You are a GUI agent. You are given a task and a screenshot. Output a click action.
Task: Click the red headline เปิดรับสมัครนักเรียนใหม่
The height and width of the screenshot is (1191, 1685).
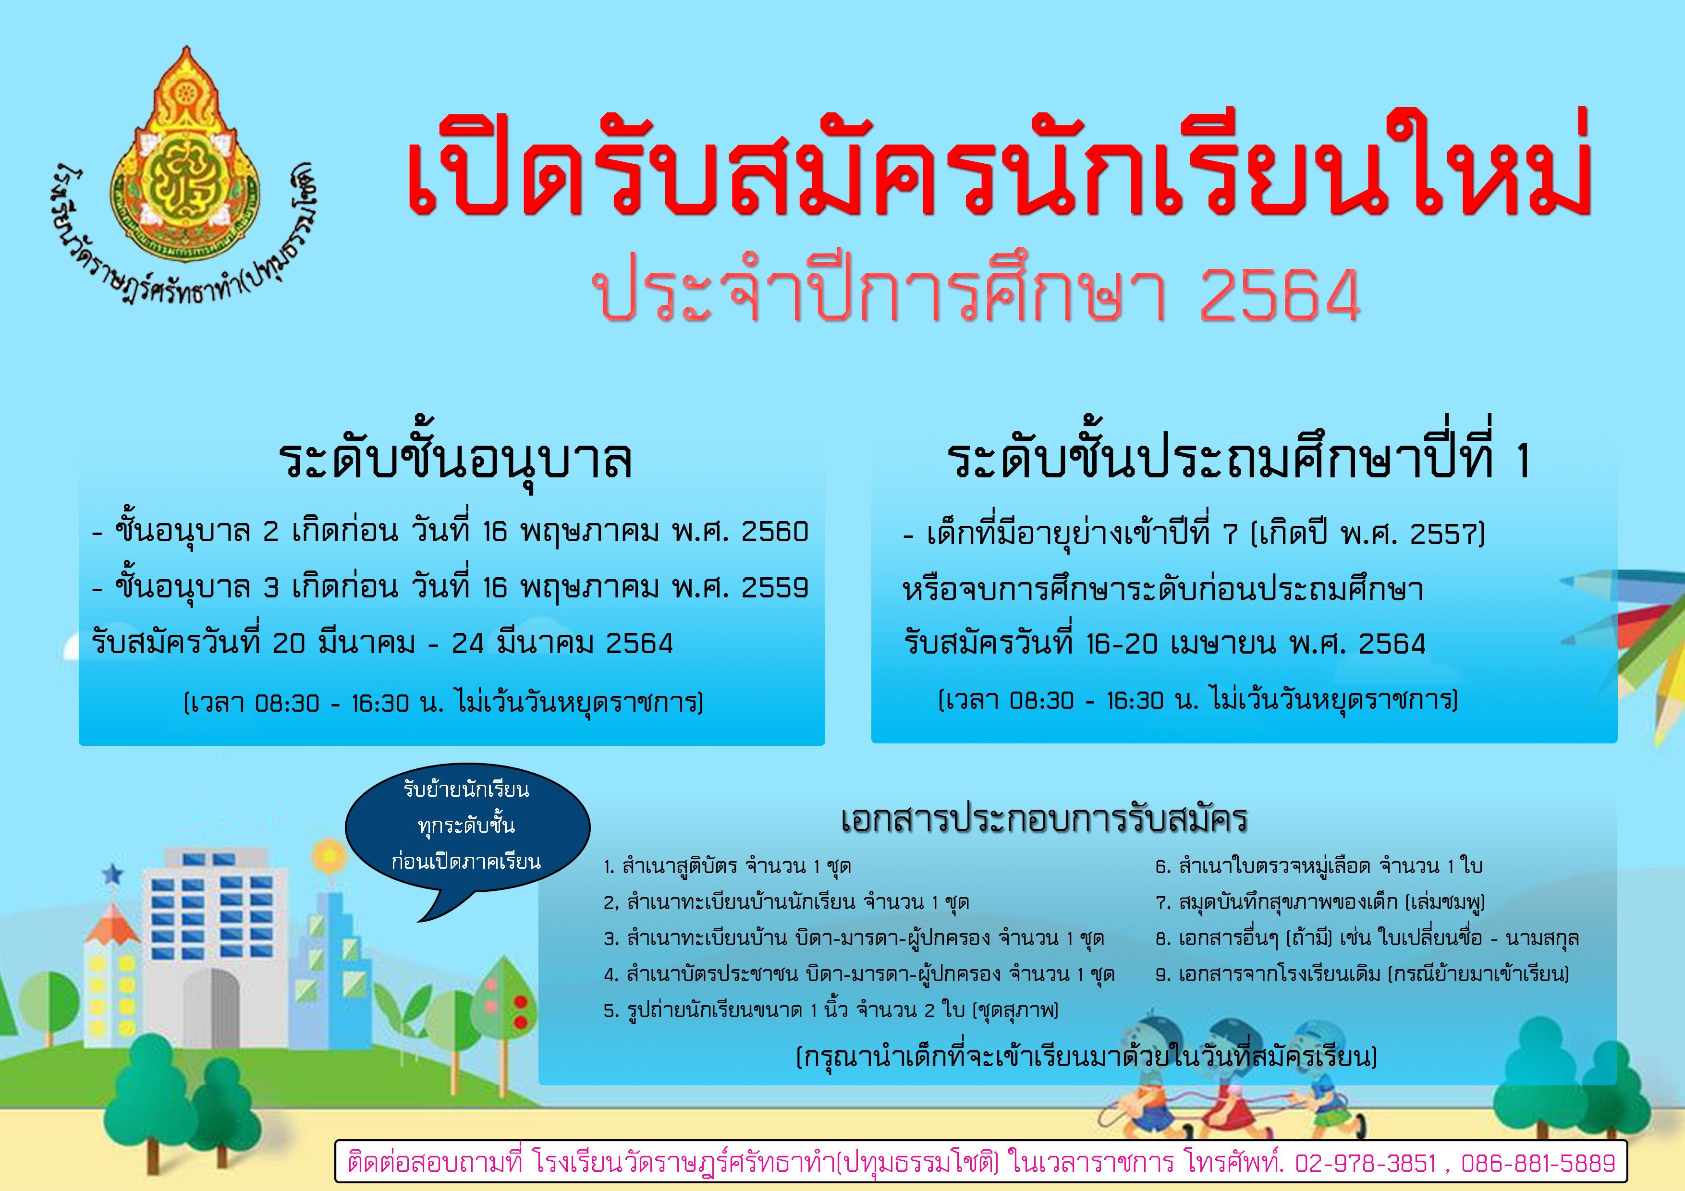tap(999, 167)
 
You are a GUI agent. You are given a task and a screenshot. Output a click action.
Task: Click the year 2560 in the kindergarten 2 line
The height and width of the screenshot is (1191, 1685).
tap(774, 531)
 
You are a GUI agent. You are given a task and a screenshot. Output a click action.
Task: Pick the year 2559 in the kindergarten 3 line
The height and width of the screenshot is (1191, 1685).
tap(774, 587)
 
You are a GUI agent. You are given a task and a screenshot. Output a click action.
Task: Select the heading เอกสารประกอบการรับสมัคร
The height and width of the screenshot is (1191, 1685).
tap(1044, 819)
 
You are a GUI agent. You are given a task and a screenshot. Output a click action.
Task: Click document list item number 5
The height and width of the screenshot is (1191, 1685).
tap(831, 1010)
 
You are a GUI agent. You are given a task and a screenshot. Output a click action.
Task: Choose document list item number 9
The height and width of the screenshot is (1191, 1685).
tap(1362, 974)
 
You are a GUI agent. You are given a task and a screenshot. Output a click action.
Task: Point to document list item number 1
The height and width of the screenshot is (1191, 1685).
tap(727, 867)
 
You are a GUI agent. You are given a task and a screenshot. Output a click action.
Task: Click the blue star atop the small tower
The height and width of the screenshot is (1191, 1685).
tap(112, 874)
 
